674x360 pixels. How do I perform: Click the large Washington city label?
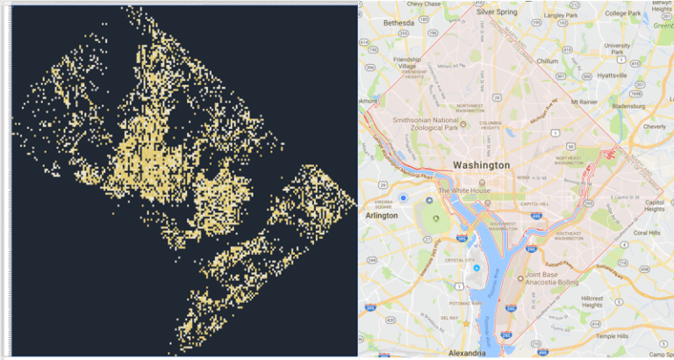point(481,165)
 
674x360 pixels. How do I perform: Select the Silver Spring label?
point(497,12)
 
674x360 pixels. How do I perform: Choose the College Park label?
point(622,13)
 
